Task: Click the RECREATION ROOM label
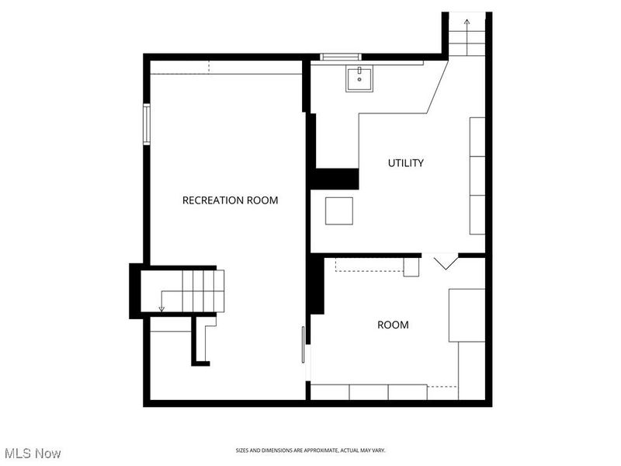tap(230, 200)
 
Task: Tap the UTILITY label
tap(406, 163)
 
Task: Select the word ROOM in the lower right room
tap(393, 325)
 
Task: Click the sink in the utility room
tap(359, 78)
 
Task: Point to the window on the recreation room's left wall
tap(146, 124)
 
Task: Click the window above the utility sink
tap(341, 56)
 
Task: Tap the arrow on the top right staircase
tap(467, 23)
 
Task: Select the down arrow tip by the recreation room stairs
tap(161, 309)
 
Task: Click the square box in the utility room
tap(339, 210)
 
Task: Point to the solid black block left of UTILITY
tap(335, 179)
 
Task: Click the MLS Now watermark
tap(33, 453)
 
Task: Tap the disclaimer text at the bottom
tap(310, 450)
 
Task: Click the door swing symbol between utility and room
tap(446, 262)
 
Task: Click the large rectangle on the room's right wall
tap(467, 315)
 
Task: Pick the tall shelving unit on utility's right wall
tap(477, 176)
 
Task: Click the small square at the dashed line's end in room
tap(411, 266)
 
